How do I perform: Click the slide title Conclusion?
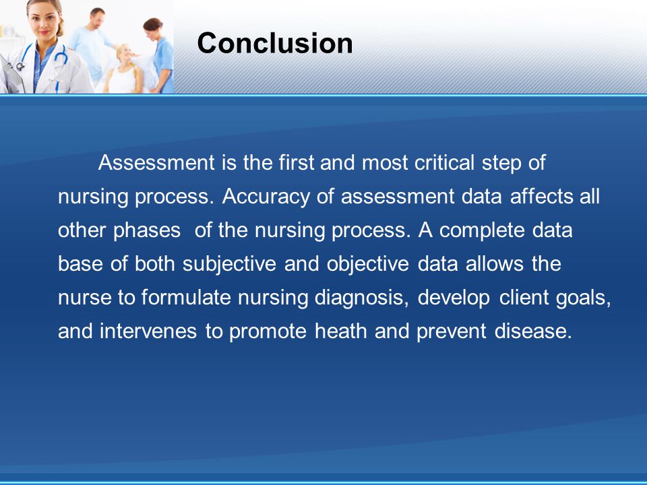point(275,43)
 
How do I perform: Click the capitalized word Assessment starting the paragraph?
point(156,162)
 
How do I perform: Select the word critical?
point(444,162)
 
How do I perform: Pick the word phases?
point(147,231)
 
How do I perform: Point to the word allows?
point(494,264)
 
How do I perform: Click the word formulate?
point(186,298)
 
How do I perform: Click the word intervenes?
point(148,331)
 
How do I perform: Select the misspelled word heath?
point(341,331)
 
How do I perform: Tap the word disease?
point(533,331)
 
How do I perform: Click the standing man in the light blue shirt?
point(92,45)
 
